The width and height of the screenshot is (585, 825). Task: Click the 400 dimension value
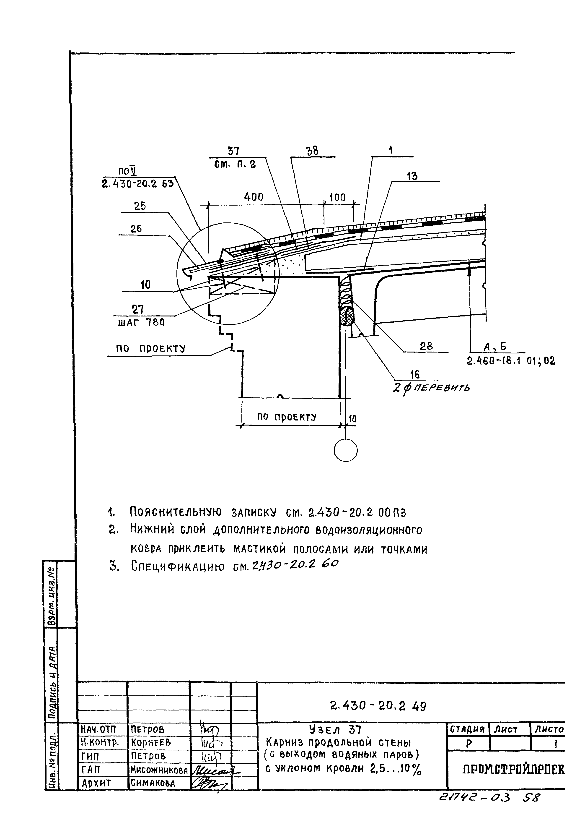click(x=254, y=197)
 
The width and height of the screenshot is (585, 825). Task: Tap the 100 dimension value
click(x=337, y=198)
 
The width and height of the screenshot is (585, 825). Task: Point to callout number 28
click(x=426, y=346)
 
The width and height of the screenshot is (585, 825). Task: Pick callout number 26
click(x=136, y=229)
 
